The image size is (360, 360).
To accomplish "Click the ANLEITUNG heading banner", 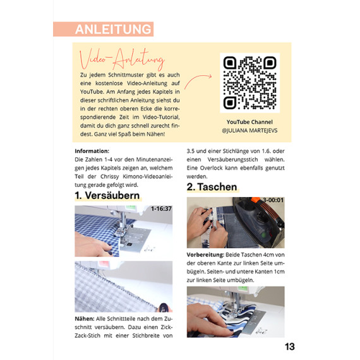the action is tap(104, 29).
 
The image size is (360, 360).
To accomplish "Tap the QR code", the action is tap(250, 83).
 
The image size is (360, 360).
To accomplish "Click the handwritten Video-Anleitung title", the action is tap(122, 59).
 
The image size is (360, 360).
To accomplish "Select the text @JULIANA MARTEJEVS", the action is tap(249, 131).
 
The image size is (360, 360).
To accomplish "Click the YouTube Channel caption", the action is tap(249, 122).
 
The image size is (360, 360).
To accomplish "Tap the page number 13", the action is tap(290, 347).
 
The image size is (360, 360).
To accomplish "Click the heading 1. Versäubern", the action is tap(107, 196).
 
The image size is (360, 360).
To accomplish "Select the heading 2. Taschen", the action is tap(212, 187).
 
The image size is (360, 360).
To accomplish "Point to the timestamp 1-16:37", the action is tap(161, 208).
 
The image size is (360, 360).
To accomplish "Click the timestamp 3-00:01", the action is tap(273, 200).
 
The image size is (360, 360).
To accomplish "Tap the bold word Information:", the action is tap(92, 151).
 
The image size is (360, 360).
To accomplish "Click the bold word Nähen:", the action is tap(85, 319).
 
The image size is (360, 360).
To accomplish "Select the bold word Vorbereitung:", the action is tap(205, 255).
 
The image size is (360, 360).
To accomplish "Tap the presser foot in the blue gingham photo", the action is tap(123, 230).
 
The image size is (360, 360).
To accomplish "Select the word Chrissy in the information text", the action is tap(110, 177).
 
